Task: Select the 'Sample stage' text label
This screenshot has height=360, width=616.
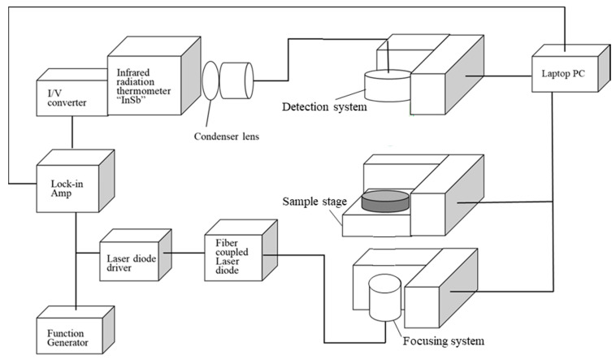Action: pyautogui.click(x=315, y=200)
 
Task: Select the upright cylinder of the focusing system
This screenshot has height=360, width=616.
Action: pyautogui.click(x=384, y=297)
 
